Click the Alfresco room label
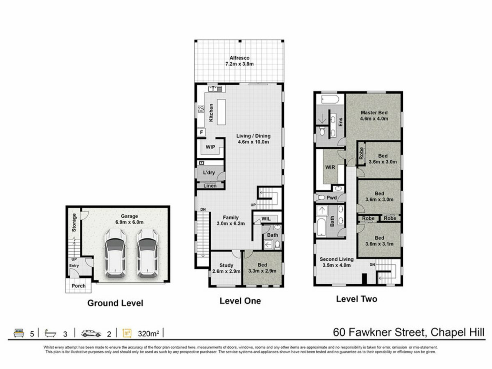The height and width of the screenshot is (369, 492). (x=239, y=58)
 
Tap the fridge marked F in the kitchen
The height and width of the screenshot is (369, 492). (x=201, y=132)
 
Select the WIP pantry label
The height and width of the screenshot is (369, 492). (x=210, y=147)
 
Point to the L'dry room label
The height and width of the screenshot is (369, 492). (x=209, y=172)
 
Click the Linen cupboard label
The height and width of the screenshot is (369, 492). (x=210, y=186)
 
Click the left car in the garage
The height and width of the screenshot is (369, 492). (x=115, y=253)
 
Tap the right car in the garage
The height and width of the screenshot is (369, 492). (x=147, y=253)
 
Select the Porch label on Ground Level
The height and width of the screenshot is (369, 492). (x=78, y=286)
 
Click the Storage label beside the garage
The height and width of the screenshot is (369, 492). (x=74, y=223)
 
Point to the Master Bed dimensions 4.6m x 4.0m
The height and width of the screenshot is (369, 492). (x=374, y=119)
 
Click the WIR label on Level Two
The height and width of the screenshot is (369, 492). (x=330, y=167)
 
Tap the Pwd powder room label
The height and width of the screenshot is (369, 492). (x=332, y=198)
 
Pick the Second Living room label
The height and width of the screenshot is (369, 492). (x=336, y=259)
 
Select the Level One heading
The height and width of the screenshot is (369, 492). (x=240, y=301)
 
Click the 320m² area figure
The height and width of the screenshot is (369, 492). (x=148, y=333)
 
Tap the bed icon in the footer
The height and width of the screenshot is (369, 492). (x=19, y=333)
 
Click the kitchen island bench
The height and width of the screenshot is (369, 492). (x=221, y=112)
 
